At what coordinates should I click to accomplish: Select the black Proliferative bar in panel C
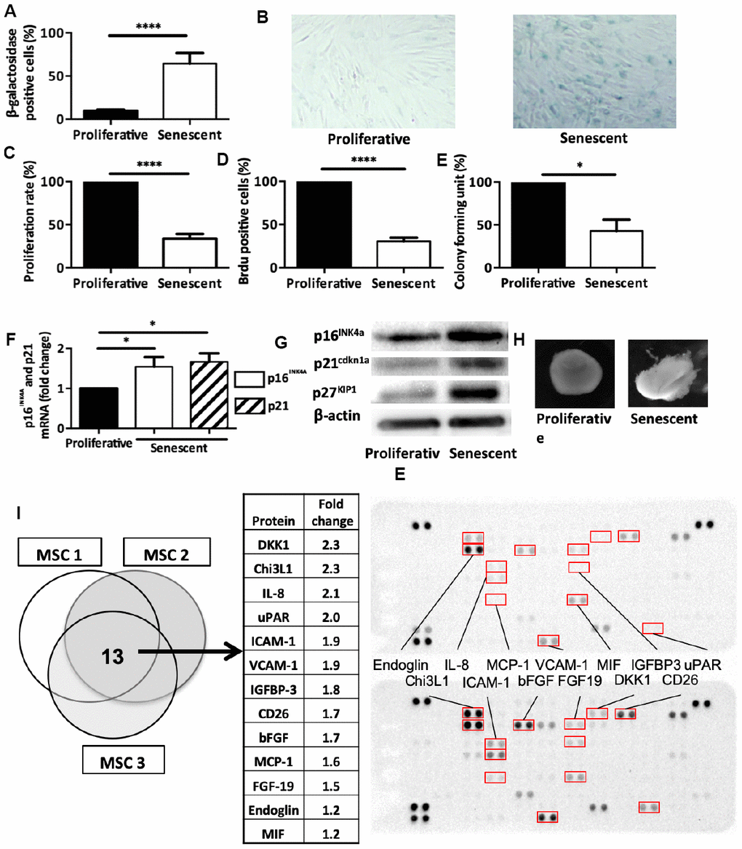(x=111, y=225)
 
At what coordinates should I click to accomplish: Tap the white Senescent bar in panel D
(x=404, y=254)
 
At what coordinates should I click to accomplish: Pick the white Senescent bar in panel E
(x=616, y=249)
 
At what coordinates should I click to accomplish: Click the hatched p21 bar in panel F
(x=209, y=395)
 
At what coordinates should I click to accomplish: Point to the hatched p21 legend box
(x=250, y=406)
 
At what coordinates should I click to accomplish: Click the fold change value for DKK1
(x=331, y=544)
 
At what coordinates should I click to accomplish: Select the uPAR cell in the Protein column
(x=274, y=617)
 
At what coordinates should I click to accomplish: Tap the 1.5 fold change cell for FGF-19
(x=331, y=786)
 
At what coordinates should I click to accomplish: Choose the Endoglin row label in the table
(x=274, y=810)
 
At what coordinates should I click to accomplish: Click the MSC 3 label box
(x=123, y=759)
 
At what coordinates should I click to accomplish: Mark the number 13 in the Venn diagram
(x=113, y=657)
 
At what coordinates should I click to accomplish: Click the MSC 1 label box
(x=60, y=552)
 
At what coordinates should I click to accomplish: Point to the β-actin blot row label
(x=337, y=416)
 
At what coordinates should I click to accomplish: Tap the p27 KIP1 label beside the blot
(x=334, y=392)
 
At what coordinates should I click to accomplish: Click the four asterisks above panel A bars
(x=148, y=26)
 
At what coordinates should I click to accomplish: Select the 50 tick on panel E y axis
(x=484, y=225)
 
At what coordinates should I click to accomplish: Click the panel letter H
(x=519, y=340)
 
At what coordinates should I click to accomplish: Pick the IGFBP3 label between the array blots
(x=656, y=664)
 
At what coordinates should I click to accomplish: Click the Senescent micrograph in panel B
(x=594, y=71)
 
